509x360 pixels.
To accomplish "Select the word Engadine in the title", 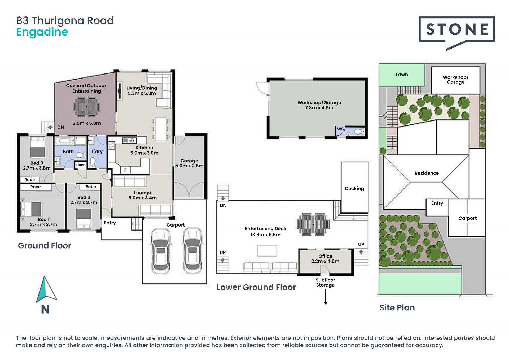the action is pyautogui.click(x=42, y=32).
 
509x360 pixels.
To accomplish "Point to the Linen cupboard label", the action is pyautogui.click(x=81, y=165).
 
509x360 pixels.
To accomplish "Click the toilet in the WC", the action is pyautogui.click(x=359, y=132).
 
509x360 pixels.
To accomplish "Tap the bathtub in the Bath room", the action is pyautogui.click(x=65, y=141).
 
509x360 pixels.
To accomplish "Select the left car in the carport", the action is pyautogui.click(x=160, y=251).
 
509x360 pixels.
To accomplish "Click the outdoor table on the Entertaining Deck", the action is pyautogui.click(x=313, y=224).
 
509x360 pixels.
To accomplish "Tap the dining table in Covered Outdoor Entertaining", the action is pyautogui.click(x=87, y=107).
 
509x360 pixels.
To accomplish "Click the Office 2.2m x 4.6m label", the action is pyautogui.click(x=325, y=259).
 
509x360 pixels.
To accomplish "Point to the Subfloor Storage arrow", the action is pyautogui.click(x=326, y=297).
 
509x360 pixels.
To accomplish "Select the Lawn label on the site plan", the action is pyautogui.click(x=402, y=75).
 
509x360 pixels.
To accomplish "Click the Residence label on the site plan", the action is pyautogui.click(x=427, y=173).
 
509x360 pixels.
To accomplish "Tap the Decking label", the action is pyautogui.click(x=354, y=189).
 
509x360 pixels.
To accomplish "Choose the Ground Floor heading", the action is pyautogui.click(x=45, y=246).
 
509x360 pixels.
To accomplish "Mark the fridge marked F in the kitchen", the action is pyautogui.click(x=125, y=170).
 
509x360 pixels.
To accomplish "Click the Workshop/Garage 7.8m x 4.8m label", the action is pyautogui.click(x=319, y=105).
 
